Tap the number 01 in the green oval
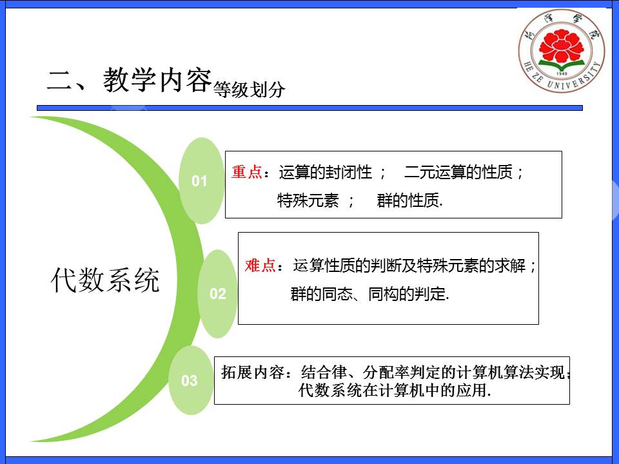199,181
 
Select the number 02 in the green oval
217,294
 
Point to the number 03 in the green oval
190,380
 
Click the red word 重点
247,172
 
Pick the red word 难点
260,265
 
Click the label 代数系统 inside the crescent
105,280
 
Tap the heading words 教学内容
157,79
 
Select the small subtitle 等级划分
249,90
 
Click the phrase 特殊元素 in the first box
308,200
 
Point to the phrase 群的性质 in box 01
408,200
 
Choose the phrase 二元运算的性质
458,172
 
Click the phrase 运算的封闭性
325,172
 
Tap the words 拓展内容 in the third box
253,372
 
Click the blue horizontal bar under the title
310,108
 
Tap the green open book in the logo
561,64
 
